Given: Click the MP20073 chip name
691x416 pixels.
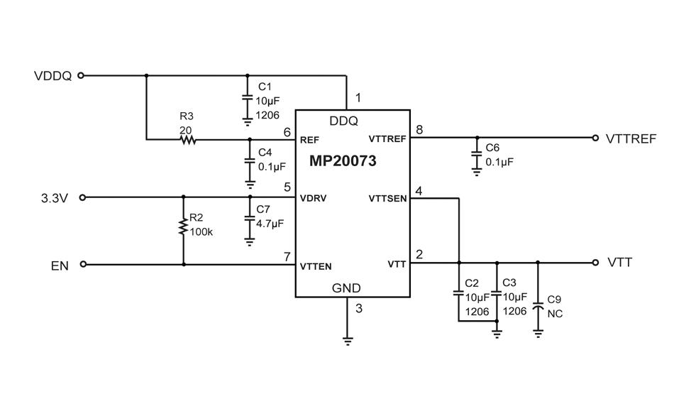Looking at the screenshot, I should pos(343,161).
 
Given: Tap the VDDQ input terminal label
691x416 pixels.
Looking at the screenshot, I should pos(52,76).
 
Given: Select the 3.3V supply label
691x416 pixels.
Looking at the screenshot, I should pos(54,198).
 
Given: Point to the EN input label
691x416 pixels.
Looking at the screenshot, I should pos(60,266).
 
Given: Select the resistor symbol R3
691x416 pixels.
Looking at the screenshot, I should pos(187,140).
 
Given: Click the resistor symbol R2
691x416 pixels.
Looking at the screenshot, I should pos(184,227).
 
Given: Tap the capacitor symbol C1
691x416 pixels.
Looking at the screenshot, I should pos(248,97).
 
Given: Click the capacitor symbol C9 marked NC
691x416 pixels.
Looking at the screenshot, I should pos(538,307).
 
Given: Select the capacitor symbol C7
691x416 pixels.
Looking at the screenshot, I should pos(250,219).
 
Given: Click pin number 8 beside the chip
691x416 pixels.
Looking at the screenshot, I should pos(419,130).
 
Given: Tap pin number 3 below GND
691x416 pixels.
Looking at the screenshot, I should pos(359,308).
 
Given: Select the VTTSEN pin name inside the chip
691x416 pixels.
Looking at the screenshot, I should pos(387,199).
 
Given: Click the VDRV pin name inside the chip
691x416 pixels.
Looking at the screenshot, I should pos(313,199).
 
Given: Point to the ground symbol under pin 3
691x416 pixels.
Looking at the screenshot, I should pos(348,339).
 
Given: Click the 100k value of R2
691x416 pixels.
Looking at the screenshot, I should pos(201,232).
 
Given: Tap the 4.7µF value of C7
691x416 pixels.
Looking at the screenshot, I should pos(270,223).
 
